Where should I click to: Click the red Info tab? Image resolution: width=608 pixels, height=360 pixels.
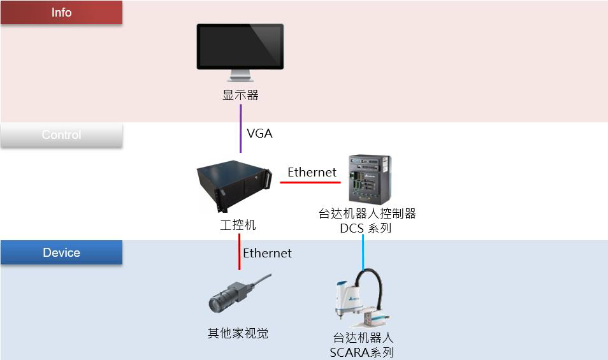[61, 13]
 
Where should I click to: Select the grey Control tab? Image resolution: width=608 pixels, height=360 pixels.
[61, 135]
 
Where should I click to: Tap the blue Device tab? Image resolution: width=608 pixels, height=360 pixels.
[61, 253]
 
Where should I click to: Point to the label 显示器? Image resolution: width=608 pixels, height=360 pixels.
[240, 96]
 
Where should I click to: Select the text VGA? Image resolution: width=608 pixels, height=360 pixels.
[259, 134]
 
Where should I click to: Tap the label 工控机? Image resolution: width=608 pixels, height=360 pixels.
[238, 225]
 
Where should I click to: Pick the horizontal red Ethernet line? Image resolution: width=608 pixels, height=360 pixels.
[310, 183]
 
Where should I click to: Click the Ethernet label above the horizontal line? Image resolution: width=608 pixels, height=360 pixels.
[312, 172]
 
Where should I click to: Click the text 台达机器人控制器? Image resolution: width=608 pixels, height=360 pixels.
[367, 213]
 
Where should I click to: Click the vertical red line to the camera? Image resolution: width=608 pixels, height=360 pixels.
[239, 252]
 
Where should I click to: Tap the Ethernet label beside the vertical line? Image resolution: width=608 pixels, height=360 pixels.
[267, 253]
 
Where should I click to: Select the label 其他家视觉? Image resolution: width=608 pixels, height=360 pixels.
[238, 333]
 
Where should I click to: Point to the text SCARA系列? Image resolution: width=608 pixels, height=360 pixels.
[361, 352]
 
